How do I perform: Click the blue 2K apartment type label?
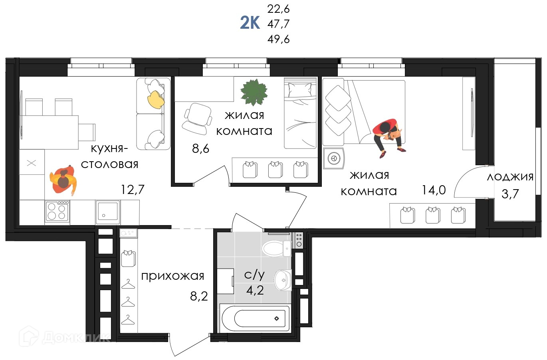click(x=250, y=23)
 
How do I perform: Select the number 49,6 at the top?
click(x=278, y=39)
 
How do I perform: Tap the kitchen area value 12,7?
click(x=133, y=190)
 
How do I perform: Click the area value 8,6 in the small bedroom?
click(x=200, y=148)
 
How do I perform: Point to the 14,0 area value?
click(x=434, y=190)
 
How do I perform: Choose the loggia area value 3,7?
click(x=510, y=194)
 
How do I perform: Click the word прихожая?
click(x=172, y=277)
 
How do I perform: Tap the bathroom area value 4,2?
click(x=255, y=290)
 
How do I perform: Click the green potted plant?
click(x=254, y=92)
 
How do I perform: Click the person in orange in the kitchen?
click(x=63, y=180)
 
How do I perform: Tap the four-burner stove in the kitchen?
click(x=57, y=212)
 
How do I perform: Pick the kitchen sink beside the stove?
click(x=108, y=212)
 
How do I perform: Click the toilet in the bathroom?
click(x=276, y=248)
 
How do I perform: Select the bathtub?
click(x=255, y=318)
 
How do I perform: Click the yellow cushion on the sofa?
click(x=156, y=100)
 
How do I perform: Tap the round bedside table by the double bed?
click(x=333, y=158)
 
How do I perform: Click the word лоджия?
click(x=510, y=177)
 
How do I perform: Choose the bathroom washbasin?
click(x=283, y=280)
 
